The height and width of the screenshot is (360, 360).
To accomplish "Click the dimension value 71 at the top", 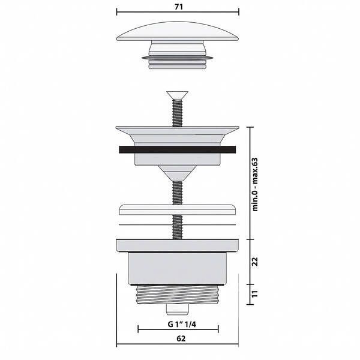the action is point(179,7).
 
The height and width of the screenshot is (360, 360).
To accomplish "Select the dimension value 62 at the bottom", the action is point(181,338).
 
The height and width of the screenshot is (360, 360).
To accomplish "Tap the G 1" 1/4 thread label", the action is point(182,324).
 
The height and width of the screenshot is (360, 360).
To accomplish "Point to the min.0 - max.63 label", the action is point(255,184).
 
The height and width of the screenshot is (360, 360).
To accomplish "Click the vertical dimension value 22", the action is point(255,262).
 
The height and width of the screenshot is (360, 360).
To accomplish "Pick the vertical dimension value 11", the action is point(255,294).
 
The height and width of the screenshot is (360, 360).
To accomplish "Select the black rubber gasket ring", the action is point(178,149).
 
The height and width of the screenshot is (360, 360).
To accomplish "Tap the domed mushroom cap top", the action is point(178,31).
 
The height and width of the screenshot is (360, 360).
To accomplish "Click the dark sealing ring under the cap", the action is point(178,58).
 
